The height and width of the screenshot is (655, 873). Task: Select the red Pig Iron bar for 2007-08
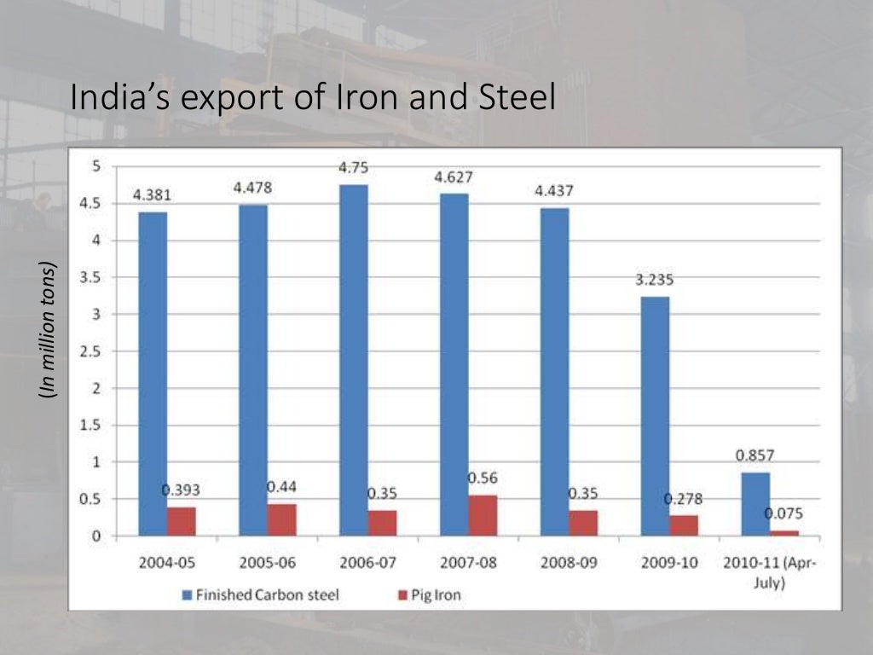(483, 515)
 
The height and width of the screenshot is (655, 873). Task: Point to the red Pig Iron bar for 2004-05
(181, 521)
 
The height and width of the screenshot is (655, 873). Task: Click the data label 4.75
(354, 168)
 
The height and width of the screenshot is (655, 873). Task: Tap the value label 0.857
(755, 455)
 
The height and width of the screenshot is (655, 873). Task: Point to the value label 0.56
(483, 478)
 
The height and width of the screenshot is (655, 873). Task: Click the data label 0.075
(783, 513)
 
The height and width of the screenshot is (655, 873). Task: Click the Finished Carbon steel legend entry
(259, 594)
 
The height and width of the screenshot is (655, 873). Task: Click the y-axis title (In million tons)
(49, 329)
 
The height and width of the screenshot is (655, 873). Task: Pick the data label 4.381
(152, 194)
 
